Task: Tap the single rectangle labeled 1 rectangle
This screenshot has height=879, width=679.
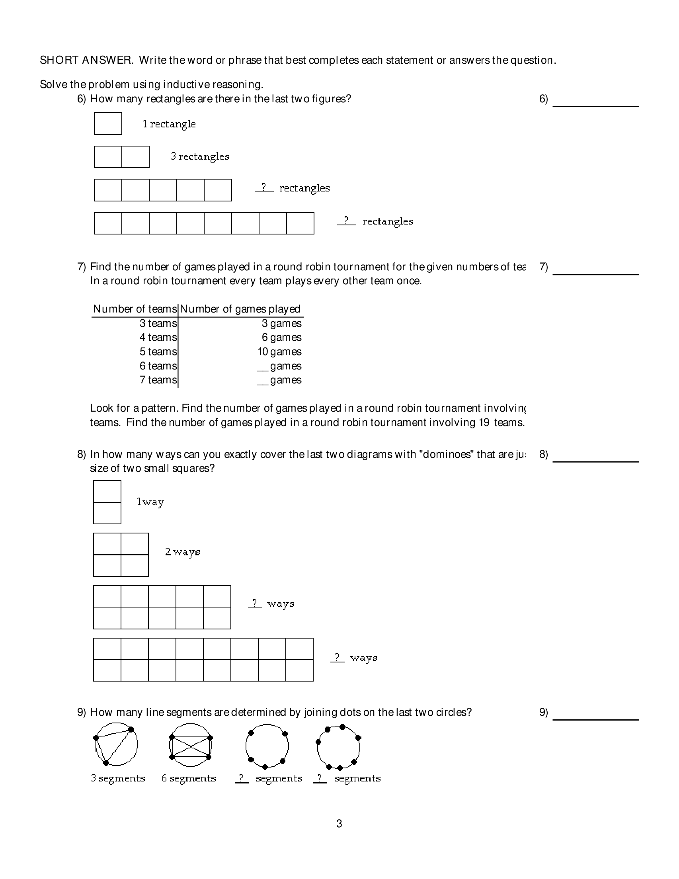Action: point(108,123)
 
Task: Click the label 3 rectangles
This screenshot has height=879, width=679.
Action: point(200,156)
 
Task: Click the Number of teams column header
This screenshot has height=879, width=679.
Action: point(135,309)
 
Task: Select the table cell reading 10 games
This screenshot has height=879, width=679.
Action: point(279,352)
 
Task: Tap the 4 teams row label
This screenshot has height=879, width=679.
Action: point(158,337)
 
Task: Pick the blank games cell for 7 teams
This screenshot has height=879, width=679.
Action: point(279,380)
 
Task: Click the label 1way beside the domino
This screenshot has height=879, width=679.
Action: point(150,502)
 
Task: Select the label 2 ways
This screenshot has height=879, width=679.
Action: point(182,552)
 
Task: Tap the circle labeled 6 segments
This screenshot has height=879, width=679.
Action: point(190,745)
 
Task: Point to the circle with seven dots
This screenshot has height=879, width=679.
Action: point(338,746)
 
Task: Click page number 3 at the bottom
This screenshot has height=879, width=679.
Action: point(339,824)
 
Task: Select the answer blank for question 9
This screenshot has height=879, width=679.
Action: point(595,716)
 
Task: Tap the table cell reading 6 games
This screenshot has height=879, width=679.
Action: point(281,337)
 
